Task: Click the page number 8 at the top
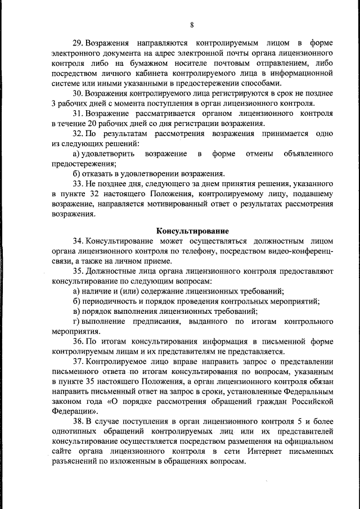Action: (x=191, y=25)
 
